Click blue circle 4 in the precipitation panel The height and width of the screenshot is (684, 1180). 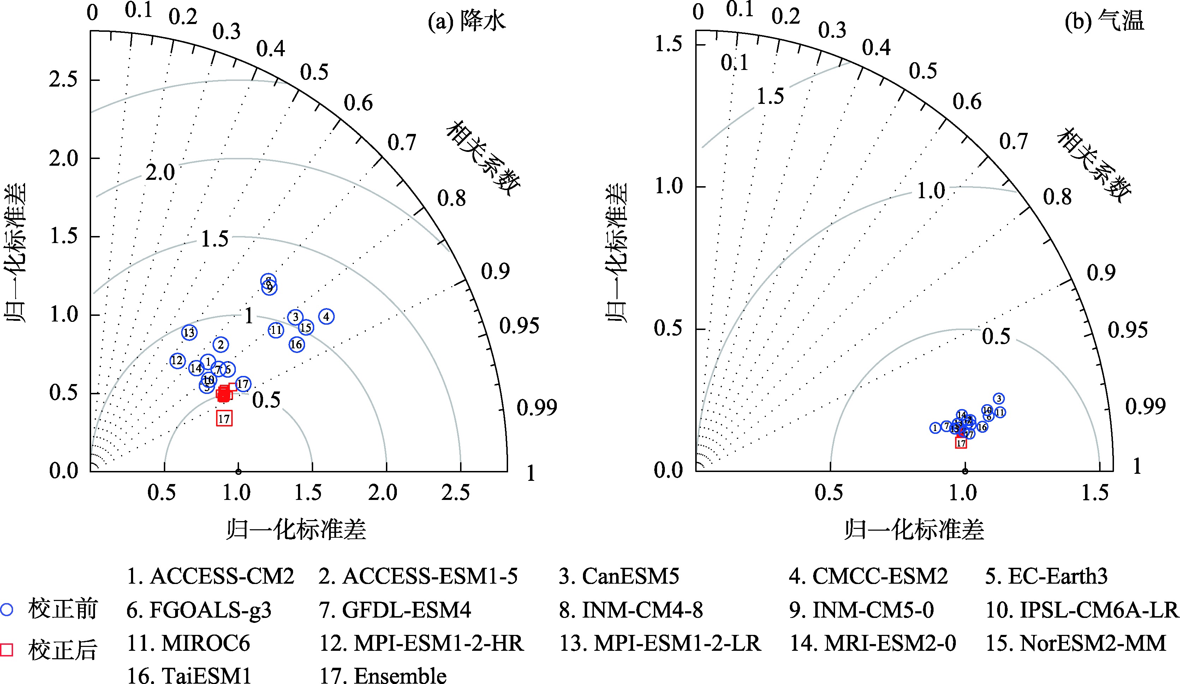[x=326, y=317]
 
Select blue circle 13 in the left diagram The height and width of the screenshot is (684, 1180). [x=189, y=332]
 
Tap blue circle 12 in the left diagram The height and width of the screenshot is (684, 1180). [x=177, y=361]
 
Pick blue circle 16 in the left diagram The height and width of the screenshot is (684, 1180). [x=296, y=345]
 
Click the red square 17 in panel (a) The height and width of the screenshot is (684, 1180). [x=224, y=418]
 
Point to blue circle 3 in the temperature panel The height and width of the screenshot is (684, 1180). [x=999, y=399]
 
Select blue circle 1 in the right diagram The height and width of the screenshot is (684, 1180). [x=935, y=428]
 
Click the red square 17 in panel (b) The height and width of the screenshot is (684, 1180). [x=961, y=443]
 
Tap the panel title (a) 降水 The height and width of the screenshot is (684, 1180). [x=467, y=21]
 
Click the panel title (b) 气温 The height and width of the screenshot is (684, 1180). [x=1104, y=21]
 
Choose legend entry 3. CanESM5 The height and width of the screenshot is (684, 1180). [x=619, y=576]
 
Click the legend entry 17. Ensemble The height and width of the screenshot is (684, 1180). [x=382, y=675]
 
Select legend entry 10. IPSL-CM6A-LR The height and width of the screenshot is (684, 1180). [x=1082, y=610]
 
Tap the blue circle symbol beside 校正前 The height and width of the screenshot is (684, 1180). [x=7, y=609]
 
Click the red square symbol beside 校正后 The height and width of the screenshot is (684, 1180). [x=7, y=650]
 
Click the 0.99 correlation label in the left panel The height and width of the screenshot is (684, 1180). [x=537, y=408]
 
